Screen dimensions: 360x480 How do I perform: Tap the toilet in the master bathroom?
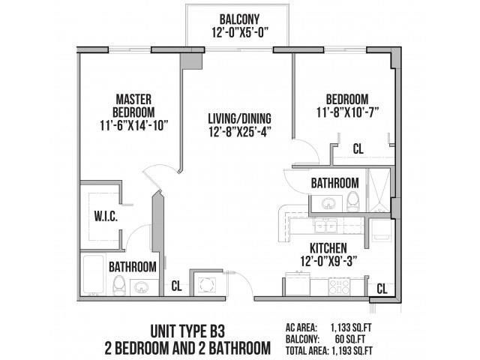[118, 283]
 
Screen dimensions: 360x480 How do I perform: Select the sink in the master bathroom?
[141, 285]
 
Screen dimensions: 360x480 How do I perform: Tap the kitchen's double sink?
[324, 224]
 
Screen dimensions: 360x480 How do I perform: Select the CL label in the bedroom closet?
[358, 149]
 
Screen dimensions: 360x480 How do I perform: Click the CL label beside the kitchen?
[381, 287]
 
